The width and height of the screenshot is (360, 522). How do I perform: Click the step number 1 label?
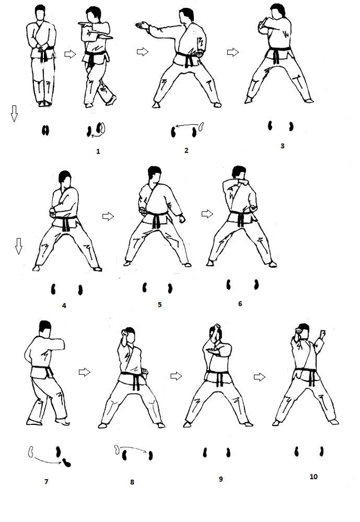pyautogui.click(x=98, y=151)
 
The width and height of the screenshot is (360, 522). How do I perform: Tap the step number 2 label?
pyautogui.click(x=187, y=150)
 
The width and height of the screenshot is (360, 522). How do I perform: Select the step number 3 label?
pyautogui.click(x=282, y=146)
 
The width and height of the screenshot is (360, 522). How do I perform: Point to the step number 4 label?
pyautogui.click(x=64, y=305)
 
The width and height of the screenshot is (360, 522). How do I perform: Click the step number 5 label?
pyautogui.click(x=160, y=305)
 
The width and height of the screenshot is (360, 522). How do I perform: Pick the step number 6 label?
pyautogui.click(x=240, y=304)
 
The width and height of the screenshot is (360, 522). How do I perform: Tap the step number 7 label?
pyautogui.click(x=47, y=481)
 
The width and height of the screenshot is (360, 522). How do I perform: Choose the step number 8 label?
pyautogui.click(x=132, y=482)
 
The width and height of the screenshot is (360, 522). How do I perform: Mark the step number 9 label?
pyautogui.click(x=220, y=479)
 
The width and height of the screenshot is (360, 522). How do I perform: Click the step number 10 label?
pyautogui.click(x=313, y=477)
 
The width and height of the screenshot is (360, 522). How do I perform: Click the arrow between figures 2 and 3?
pyautogui.click(x=233, y=52)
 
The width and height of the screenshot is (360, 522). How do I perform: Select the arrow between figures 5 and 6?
pyautogui.click(x=207, y=213)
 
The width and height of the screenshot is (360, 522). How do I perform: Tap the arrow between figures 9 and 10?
pyautogui.click(x=260, y=377)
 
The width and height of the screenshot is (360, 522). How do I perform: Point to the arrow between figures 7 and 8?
pyautogui.click(x=85, y=372)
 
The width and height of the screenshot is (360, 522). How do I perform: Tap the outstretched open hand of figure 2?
pyautogui.click(x=142, y=25)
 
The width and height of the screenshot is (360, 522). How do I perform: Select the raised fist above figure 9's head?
pyautogui.click(x=216, y=327)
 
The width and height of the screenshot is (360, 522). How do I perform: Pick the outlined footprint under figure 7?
pyautogui.click(x=31, y=452)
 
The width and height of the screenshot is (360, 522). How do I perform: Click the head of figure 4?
pyautogui.click(x=65, y=179)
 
